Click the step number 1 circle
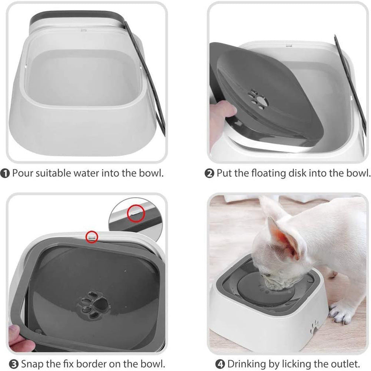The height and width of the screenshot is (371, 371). [5, 173]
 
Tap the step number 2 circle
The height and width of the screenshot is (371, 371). [210, 173]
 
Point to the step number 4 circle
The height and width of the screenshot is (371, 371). [221, 364]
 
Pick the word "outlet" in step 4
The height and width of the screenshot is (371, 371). [345, 364]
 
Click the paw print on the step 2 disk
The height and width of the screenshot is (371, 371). [258, 99]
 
